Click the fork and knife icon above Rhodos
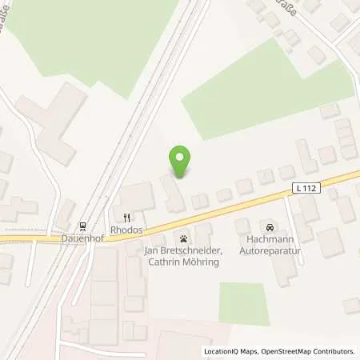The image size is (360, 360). point(126,216)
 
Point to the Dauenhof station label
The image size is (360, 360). point(82,238)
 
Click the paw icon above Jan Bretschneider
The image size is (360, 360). point(184,238)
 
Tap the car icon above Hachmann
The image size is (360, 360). point(270,227)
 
